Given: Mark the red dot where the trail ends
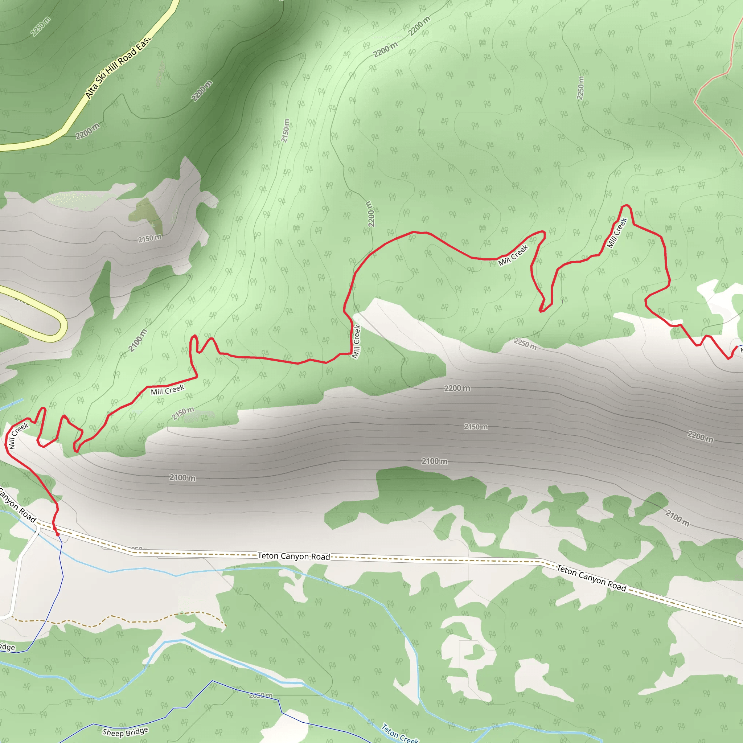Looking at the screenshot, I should (58, 534).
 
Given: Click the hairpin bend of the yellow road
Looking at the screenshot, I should (62, 327).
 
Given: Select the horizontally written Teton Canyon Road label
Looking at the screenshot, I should (293, 556).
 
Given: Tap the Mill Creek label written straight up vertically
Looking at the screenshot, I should (357, 342).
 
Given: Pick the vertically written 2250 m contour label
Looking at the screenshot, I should (580, 88).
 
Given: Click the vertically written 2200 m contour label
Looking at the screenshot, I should (370, 214).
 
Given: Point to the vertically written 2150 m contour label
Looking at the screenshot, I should (286, 131).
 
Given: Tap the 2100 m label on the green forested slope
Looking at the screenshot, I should (137, 340).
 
